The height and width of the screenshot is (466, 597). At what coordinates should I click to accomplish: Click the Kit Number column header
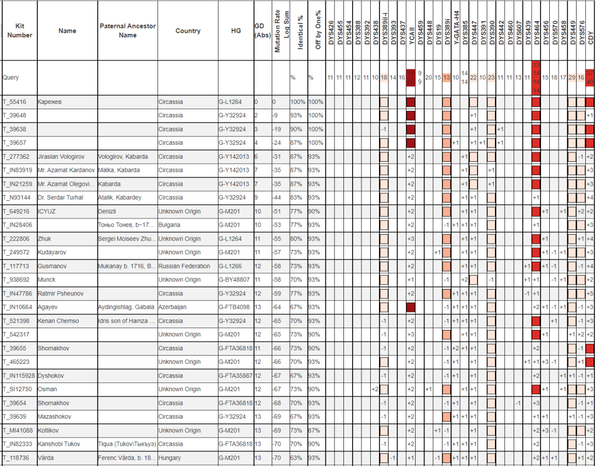(20, 31)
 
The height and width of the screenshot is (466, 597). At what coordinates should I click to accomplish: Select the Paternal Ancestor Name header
(127, 31)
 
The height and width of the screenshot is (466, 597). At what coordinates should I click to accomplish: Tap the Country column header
(188, 31)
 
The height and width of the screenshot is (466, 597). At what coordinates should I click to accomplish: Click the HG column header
(236, 31)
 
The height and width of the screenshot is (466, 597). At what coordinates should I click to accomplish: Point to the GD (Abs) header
(262, 31)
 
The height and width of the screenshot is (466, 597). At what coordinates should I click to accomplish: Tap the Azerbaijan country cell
(173, 307)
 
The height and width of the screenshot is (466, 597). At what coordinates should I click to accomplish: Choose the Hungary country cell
(170, 457)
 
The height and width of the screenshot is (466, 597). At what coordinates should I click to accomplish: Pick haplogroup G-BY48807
(236, 280)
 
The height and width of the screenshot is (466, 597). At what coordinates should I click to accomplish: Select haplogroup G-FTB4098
(235, 307)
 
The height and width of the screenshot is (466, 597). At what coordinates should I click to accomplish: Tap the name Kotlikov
(50, 430)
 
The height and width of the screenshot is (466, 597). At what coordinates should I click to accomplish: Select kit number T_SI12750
(17, 389)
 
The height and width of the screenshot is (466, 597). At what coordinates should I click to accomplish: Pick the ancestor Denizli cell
(108, 211)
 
